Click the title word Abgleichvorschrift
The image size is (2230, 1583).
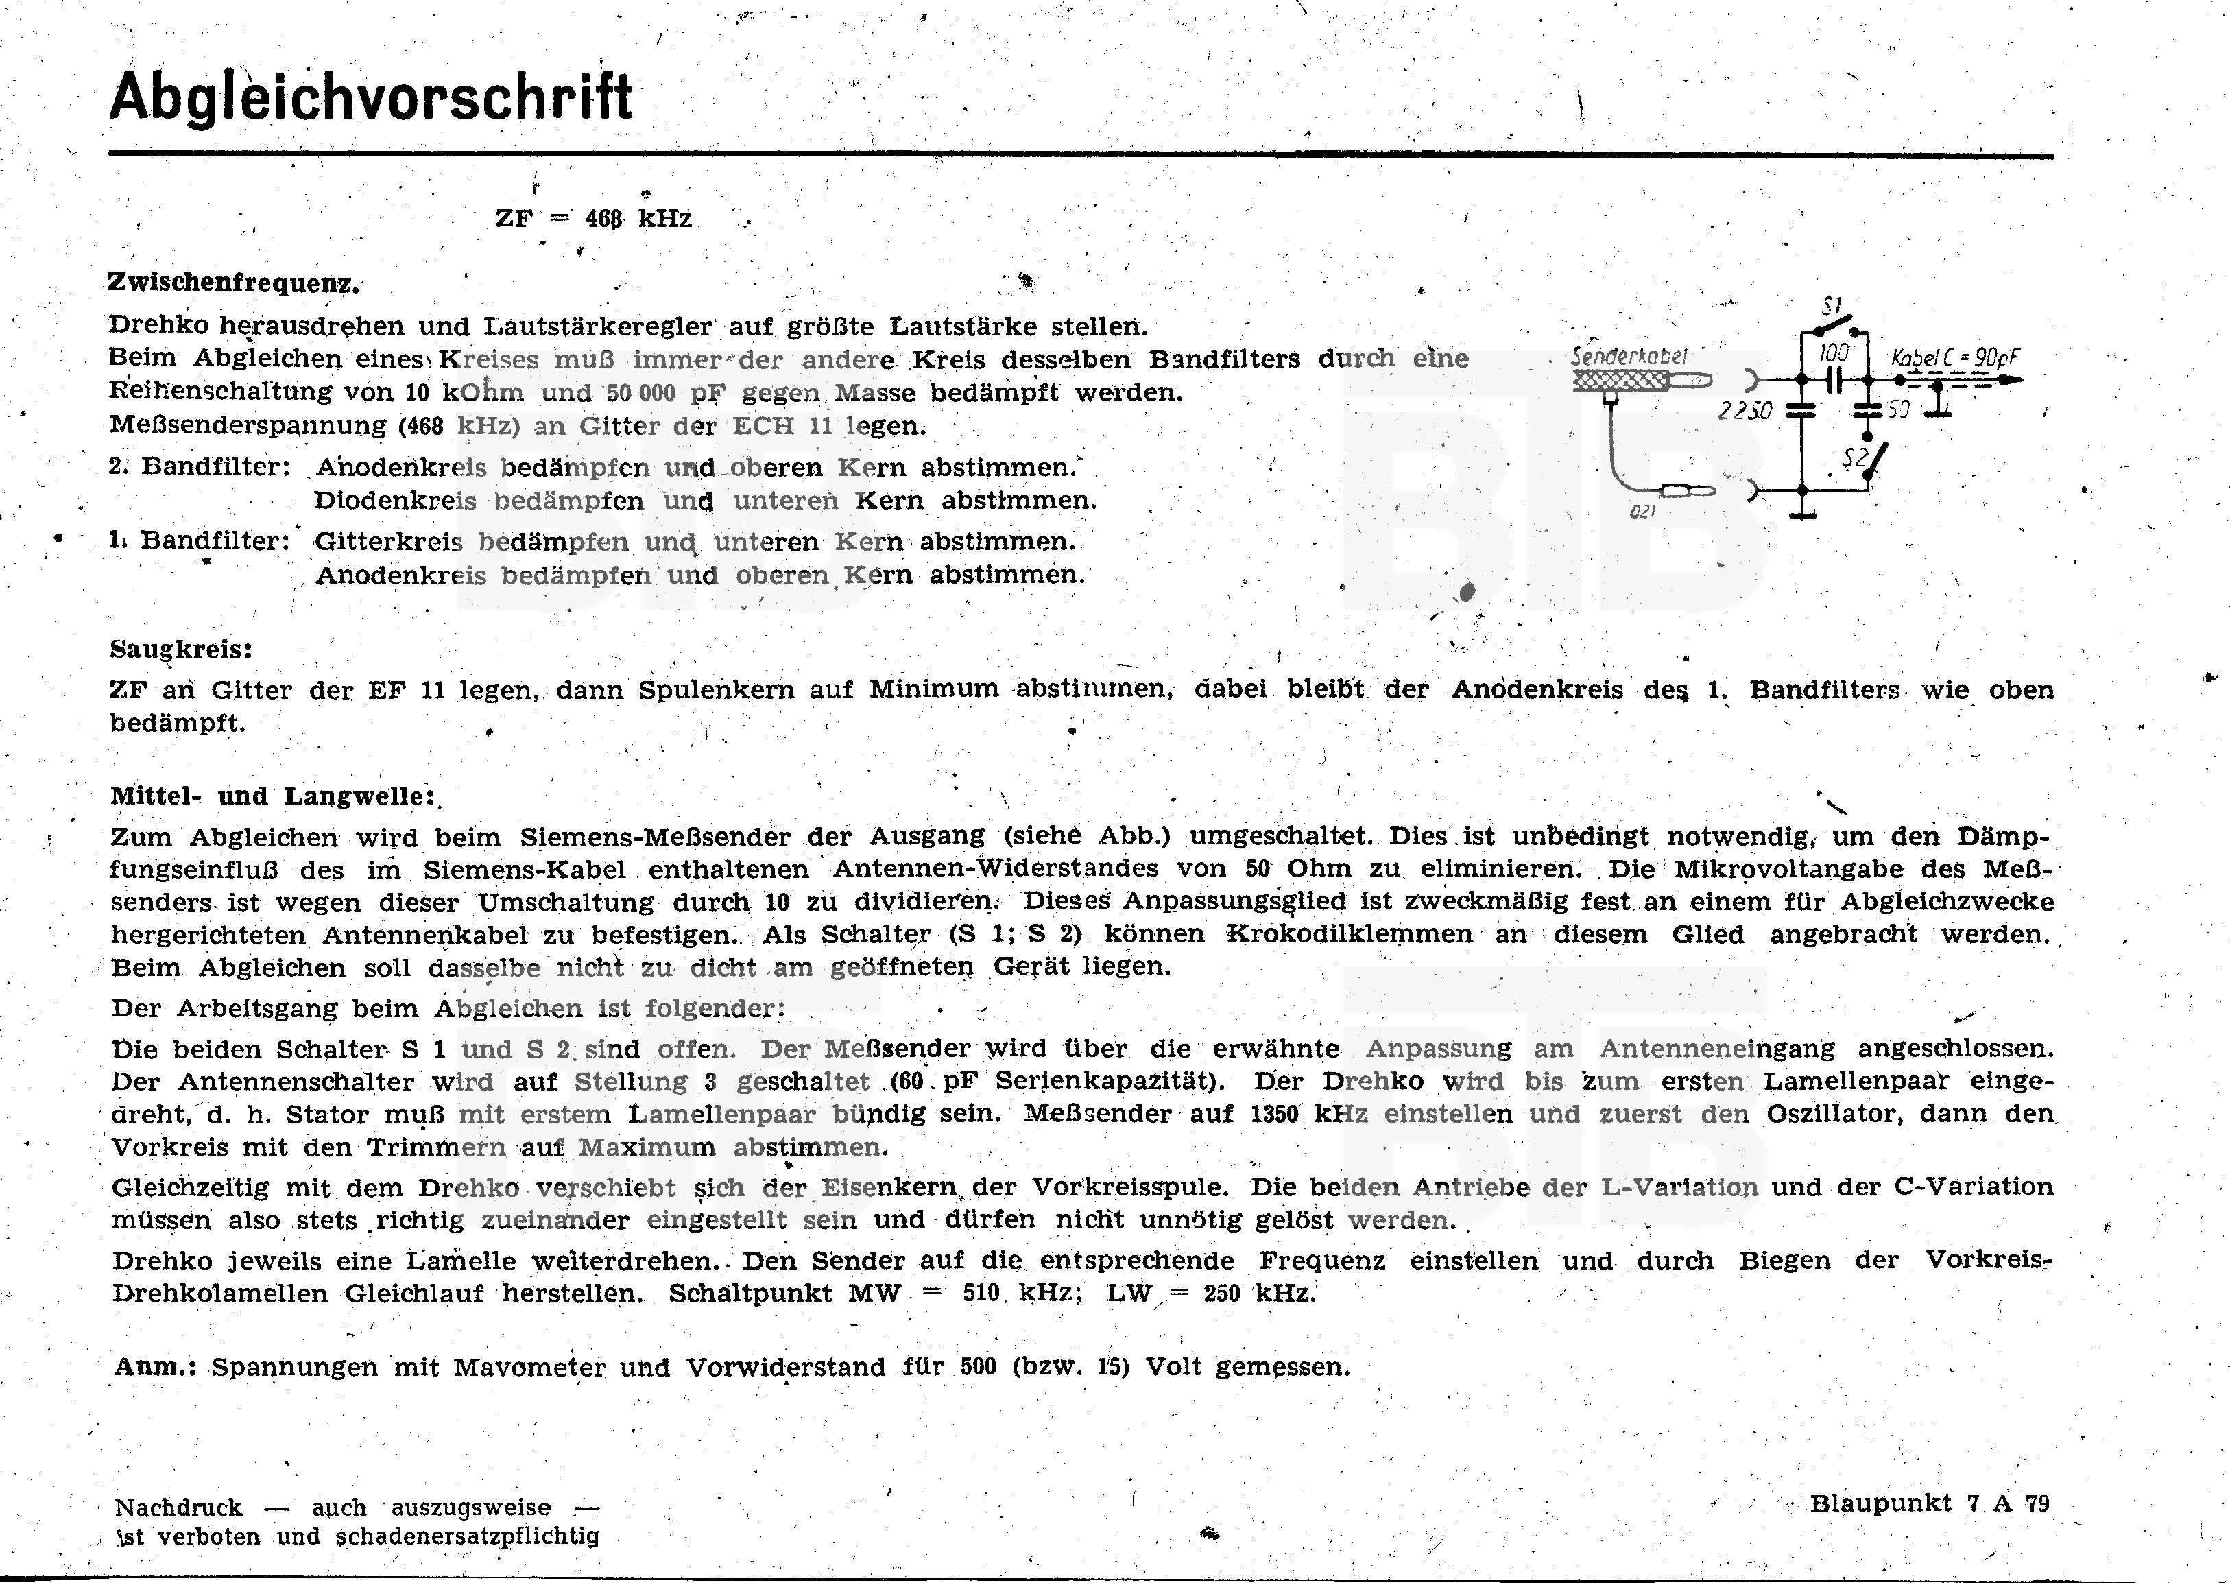(370, 97)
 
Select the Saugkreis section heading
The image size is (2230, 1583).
(181, 650)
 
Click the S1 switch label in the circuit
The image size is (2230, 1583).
(1830, 305)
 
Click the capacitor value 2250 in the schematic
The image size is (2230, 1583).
(1745, 412)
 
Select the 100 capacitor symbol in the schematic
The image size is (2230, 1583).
(1835, 379)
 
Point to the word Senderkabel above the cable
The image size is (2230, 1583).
(1629, 357)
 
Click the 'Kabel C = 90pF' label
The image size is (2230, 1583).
(1954, 358)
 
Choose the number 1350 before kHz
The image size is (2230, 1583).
(1273, 1114)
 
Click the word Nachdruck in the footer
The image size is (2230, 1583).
(178, 1508)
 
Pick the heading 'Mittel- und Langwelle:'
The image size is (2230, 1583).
(273, 796)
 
